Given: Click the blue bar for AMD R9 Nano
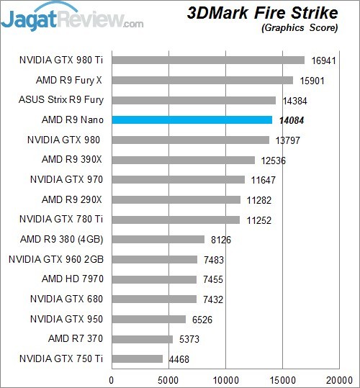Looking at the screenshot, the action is (192, 120).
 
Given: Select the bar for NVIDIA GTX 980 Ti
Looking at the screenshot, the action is (208, 60).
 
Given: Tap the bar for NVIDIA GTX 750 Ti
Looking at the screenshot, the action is (138, 358).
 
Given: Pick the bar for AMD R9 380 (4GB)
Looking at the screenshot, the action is (158, 239).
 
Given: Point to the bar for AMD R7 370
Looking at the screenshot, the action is (143, 339).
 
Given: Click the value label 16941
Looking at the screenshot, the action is (323, 60).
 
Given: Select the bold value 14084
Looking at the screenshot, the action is (292, 120).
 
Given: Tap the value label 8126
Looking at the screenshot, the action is (221, 240).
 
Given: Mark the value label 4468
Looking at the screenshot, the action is (179, 359).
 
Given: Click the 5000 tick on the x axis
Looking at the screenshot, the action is (168, 380).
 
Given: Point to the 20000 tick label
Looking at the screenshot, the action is (340, 380).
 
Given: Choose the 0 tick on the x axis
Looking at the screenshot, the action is (112, 380).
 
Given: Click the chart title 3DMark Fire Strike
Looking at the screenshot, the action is (263, 13).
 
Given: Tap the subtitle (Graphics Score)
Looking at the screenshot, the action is (300, 27).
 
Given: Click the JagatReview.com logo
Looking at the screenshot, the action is (72, 17).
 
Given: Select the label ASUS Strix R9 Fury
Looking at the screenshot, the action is (61, 100).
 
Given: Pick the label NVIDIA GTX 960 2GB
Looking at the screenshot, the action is (56, 259).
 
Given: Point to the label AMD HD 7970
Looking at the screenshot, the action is (73, 279).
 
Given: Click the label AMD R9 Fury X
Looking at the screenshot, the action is (69, 80).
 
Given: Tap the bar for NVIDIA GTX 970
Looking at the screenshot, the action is (179, 180).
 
